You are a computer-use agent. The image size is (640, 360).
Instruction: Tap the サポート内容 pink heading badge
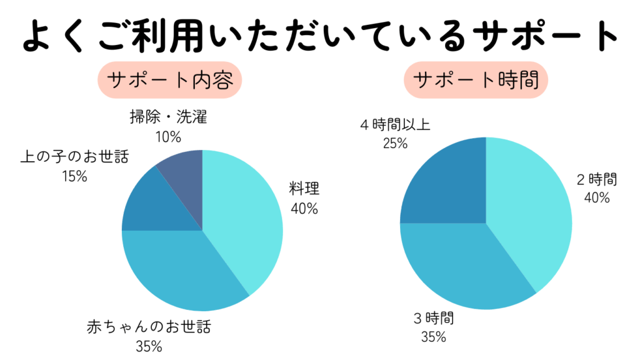click(x=169, y=81)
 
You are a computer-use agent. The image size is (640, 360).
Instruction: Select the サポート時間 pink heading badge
click(x=476, y=81)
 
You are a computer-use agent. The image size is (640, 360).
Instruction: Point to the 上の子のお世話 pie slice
click(x=147, y=203)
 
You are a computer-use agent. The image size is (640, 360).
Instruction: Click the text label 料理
click(x=303, y=189)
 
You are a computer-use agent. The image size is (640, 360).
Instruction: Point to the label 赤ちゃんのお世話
click(x=149, y=327)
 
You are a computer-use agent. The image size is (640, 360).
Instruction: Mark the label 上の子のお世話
click(x=74, y=157)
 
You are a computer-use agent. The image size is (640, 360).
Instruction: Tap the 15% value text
click(x=74, y=176)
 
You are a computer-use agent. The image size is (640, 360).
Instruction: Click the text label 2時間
click(x=597, y=180)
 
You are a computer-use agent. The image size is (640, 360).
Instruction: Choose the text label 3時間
click(x=433, y=319)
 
